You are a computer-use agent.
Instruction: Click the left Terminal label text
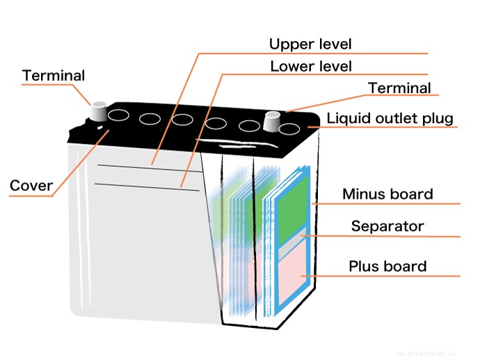pos(54,75)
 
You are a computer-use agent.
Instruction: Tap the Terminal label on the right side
pos(399,88)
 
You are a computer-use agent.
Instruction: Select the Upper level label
pos(310,44)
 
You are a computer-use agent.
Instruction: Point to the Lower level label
pos(310,67)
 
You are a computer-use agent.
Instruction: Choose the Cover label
pos(31,186)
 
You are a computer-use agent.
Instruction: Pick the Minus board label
pos(387,194)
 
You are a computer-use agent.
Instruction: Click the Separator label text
pos(387,227)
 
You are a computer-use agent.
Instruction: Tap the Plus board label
pos(387,266)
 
